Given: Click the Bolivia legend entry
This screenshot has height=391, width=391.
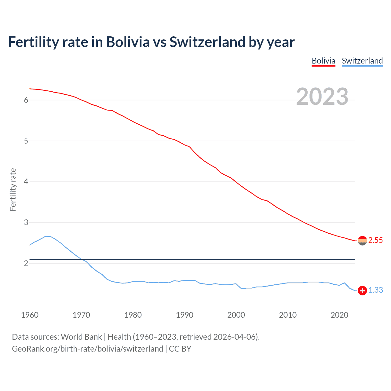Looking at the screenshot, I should coord(323,61).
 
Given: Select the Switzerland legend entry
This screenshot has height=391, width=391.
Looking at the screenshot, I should coord(362,61).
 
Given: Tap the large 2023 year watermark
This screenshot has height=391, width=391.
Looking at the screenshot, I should coord(322,97).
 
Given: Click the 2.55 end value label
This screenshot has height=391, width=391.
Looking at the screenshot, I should coord(375,240).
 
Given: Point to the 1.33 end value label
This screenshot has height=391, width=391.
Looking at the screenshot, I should coord(375,290).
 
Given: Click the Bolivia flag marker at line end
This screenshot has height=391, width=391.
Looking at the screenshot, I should coord(362,241).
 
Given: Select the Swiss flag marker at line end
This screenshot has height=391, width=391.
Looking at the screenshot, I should coord(362,291).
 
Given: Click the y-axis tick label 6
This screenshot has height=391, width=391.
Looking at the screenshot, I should coord(26,100).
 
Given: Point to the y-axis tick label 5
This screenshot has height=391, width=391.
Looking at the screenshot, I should coord(26,141).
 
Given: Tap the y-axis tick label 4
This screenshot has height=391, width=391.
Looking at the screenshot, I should coord(26,182).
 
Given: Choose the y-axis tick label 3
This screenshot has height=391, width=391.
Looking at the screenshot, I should coord(26,223).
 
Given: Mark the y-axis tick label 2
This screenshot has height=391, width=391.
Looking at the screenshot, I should coord(26,263).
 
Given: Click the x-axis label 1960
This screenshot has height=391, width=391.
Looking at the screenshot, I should coord(30,315).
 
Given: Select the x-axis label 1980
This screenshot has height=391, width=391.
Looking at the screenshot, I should coord(133,315).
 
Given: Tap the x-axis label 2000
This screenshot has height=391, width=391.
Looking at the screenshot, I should coord(236,315).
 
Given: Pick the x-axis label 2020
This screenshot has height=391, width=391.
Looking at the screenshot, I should coord(339,315).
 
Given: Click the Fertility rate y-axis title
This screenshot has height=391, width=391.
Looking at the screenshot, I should coord(13,189).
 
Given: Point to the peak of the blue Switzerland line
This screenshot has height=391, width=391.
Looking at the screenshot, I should coord(50,236).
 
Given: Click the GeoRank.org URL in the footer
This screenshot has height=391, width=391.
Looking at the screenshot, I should coord(87,349).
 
